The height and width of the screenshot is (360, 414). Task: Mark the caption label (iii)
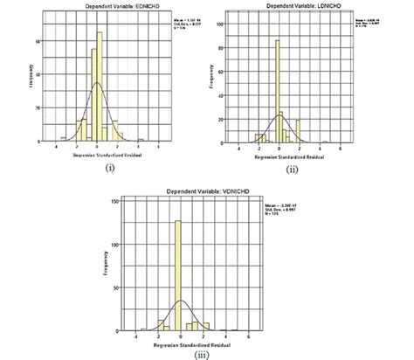coord(181,354)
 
